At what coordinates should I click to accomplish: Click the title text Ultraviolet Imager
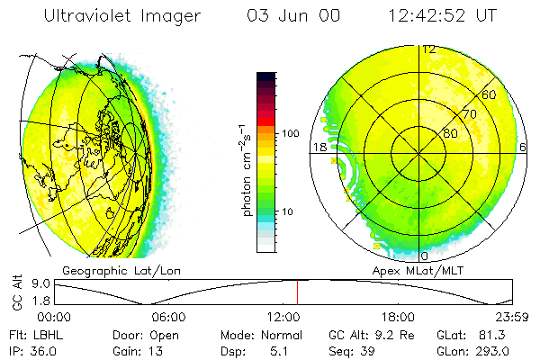(x=124, y=15)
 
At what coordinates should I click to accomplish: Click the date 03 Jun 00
(x=283, y=15)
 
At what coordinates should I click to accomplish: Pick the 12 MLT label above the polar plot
(x=429, y=49)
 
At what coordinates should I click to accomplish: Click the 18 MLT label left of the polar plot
(x=318, y=147)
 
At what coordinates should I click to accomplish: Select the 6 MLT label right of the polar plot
(x=523, y=147)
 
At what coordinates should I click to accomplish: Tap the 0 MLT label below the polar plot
(x=425, y=256)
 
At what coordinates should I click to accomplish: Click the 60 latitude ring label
(x=489, y=94)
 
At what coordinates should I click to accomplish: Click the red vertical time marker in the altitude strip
(x=297, y=292)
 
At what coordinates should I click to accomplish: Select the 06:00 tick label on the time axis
(x=168, y=317)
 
